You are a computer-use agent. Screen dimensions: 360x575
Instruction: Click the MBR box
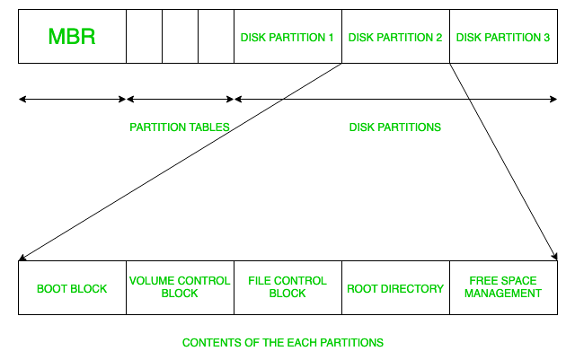[72, 37]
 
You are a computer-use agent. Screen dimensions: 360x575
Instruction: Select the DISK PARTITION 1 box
[287, 37]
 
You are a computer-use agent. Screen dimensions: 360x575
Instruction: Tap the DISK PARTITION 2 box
[395, 37]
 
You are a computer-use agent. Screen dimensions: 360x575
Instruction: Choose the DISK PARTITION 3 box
[503, 37]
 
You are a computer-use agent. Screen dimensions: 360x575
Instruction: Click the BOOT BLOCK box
[72, 288]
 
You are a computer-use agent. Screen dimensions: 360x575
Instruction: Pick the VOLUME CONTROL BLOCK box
[180, 288]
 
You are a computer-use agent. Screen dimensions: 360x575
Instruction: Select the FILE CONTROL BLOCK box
[287, 288]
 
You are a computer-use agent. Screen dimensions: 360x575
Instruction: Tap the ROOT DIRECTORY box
[395, 288]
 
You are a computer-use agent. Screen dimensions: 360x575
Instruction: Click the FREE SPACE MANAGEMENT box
[503, 288]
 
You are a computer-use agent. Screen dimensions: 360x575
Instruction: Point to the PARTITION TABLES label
[180, 127]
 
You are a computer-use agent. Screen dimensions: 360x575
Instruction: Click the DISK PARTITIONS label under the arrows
[395, 127]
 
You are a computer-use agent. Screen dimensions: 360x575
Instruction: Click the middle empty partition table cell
[180, 37]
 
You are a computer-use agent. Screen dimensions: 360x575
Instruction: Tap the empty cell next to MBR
[144, 37]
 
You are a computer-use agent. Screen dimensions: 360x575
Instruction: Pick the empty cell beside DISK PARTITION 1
[216, 37]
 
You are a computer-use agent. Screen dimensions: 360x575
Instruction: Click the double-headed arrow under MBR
[72, 99]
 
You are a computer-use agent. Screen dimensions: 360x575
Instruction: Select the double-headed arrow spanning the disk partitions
[395, 99]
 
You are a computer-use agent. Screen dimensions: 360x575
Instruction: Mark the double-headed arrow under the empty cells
[180, 99]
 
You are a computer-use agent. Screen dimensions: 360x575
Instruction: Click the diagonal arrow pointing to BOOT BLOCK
[180, 162]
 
